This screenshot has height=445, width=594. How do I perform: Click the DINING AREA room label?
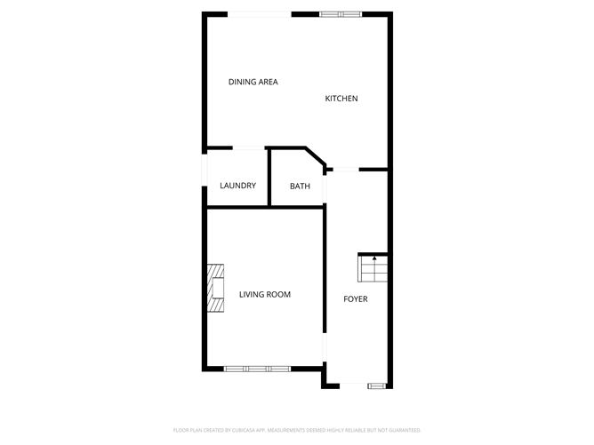[253, 82]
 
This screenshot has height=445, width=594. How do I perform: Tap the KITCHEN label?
[341, 99]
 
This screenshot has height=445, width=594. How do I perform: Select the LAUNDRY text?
[237, 186]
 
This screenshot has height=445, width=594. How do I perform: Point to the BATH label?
[300, 187]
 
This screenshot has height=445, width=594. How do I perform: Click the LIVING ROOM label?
[264, 294]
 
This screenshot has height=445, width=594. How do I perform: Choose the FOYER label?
[356, 298]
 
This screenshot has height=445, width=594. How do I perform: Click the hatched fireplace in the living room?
[216, 290]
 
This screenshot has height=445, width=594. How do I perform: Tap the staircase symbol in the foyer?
[373, 267]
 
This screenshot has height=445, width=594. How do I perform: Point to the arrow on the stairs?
[374, 258]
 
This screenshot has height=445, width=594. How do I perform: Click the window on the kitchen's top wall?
[341, 13]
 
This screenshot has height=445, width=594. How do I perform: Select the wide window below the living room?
[256, 368]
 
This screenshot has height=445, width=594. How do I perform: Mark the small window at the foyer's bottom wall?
[377, 385]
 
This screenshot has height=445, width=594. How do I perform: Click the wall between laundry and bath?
[269, 178]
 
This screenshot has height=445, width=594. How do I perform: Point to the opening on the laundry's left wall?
[205, 178]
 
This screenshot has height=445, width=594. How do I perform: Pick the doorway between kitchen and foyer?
[344, 168]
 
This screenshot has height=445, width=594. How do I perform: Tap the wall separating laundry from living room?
[237, 207]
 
